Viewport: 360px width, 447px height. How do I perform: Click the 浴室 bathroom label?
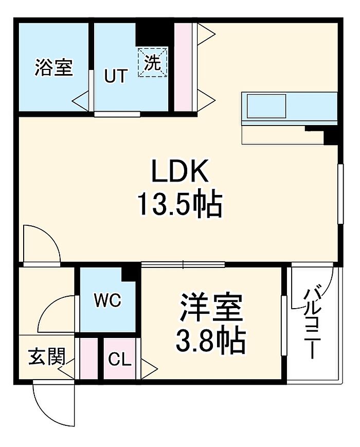[x=53, y=68]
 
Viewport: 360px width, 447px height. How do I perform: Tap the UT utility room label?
[x=116, y=76]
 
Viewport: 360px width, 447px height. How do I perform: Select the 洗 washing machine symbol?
[x=153, y=63]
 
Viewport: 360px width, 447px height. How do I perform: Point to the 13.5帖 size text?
[x=179, y=204]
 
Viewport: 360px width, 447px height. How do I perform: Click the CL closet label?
[x=119, y=359]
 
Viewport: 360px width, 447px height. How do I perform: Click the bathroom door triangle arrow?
[x=81, y=101]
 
